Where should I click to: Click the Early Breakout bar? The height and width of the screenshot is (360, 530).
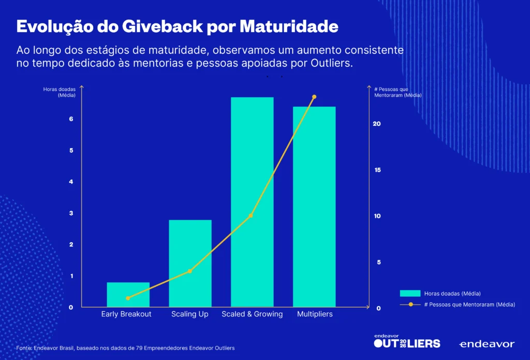pos(128,294)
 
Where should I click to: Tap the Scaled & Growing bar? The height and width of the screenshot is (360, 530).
pos(252,202)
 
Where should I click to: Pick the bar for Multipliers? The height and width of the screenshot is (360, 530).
pos(314,207)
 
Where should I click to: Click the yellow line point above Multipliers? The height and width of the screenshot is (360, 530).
pos(314,97)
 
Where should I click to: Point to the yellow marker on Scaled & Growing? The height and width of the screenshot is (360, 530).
pos(251,215)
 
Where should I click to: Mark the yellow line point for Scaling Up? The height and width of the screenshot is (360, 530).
pos(190,271)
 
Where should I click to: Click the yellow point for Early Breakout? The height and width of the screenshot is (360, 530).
pos(128,298)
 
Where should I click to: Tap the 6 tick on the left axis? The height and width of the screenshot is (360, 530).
pos(71,119)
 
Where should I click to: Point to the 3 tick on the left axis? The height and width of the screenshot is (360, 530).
pos(71,213)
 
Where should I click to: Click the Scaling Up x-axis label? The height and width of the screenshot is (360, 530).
pos(190,314)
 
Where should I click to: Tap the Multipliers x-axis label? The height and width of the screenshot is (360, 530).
pos(315,314)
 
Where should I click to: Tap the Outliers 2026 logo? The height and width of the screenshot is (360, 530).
pos(407,341)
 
